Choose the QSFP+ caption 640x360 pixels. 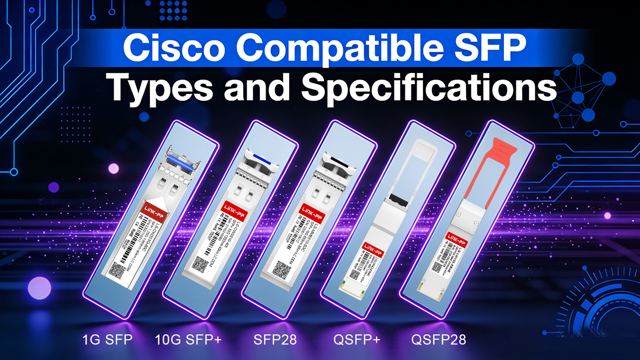pyautogui.click(x=357, y=339)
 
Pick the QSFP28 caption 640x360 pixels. pyautogui.click(x=439, y=339)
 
